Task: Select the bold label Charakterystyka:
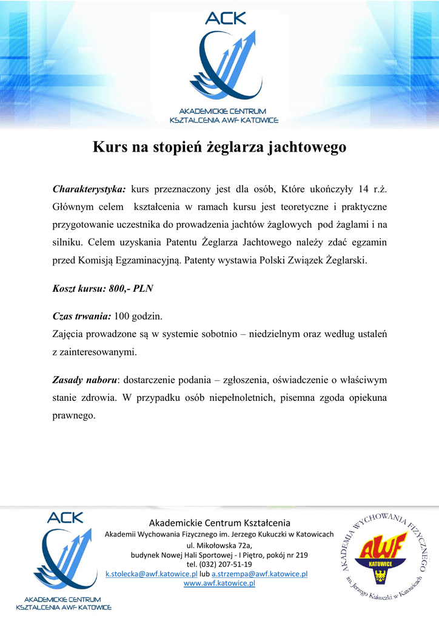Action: tap(89, 189)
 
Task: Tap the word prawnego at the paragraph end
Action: tap(74, 416)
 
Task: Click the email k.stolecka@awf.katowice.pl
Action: tap(152, 574)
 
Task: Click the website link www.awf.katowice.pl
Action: tap(219, 583)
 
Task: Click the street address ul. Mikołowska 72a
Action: tap(219, 545)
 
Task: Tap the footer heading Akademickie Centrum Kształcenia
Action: tap(219, 523)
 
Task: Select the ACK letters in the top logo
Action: tap(226, 18)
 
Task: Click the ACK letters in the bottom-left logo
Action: tap(65, 518)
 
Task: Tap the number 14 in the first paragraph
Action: tap(364, 189)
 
